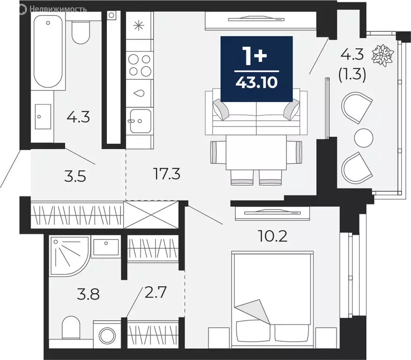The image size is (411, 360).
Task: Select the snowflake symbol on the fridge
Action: tap(139, 26)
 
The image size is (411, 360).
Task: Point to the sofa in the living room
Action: tap(256, 113)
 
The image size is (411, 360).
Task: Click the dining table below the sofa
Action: tap(256, 153)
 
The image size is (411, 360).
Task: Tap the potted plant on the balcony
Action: tap(383, 55)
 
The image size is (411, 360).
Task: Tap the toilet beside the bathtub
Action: tap(81, 31)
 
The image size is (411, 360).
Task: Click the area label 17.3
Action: tap(167, 175)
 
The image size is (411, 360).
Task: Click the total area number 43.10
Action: tap(256, 82)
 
